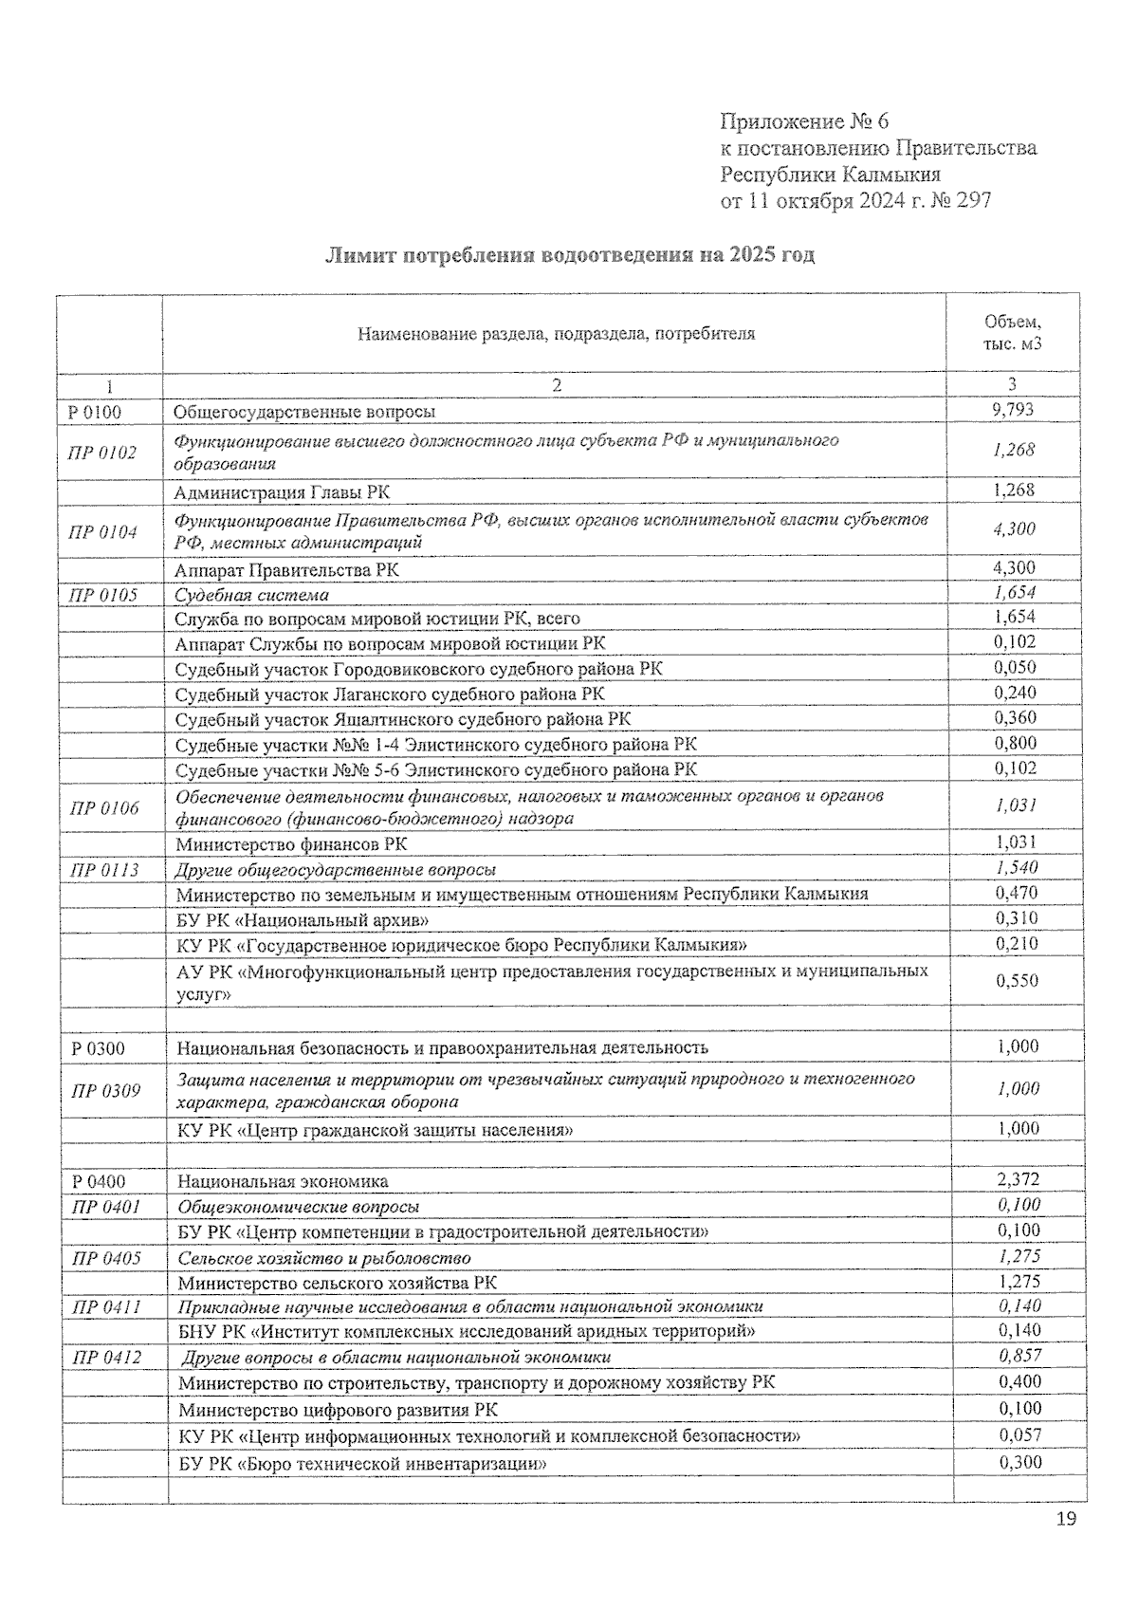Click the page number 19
click(1066, 1520)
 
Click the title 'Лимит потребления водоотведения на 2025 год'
click(570, 255)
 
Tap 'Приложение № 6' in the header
click(805, 121)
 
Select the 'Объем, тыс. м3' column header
click(1013, 333)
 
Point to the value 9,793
click(1013, 410)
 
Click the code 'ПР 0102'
click(102, 453)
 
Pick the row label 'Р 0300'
click(98, 1048)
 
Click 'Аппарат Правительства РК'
click(286, 569)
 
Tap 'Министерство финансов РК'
click(291, 843)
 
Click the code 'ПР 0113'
click(102, 869)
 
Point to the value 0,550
click(1017, 981)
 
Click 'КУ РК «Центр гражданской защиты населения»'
click(376, 1130)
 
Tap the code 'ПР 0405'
click(106, 1258)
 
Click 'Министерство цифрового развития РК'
click(338, 1410)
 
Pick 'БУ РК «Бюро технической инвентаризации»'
click(363, 1463)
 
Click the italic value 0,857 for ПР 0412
click(1019, 1357)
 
